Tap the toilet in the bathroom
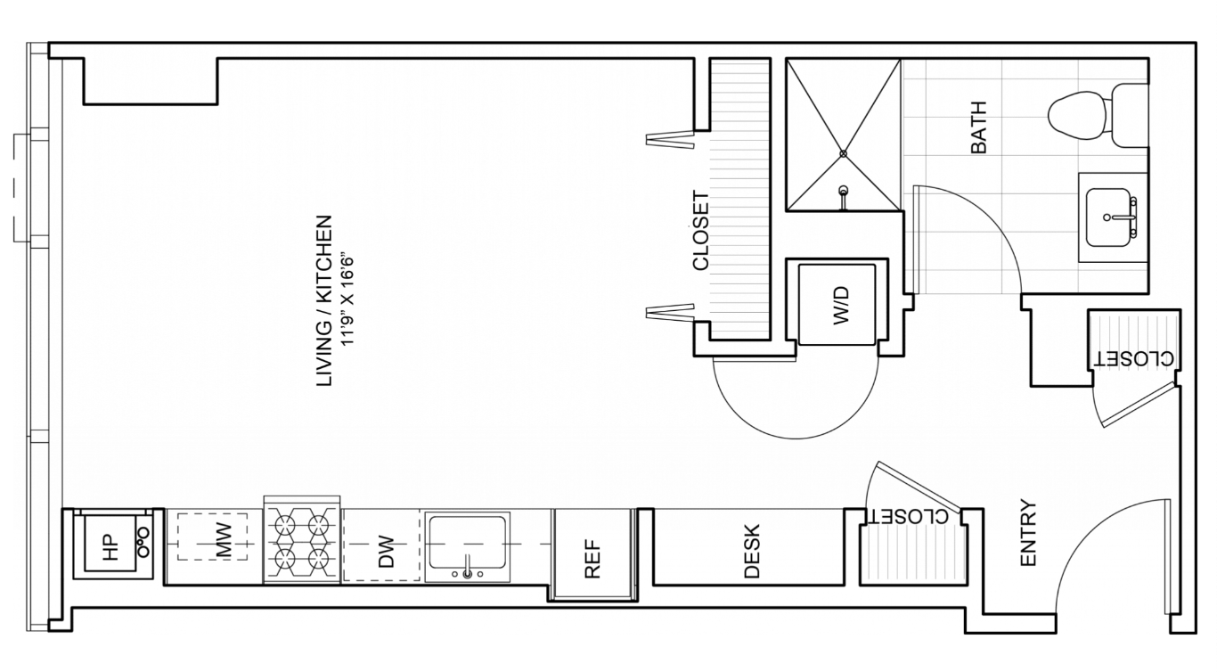click(1097, 116)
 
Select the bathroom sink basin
click(1108, 217)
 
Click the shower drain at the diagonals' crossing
click(843, 154)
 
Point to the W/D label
click(840, 306)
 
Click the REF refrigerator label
click(592, 559)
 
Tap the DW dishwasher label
click(385, 552)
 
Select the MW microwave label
click(224, 541)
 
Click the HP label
click(110, 547)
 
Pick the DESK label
click(751, 551)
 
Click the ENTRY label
click(1028, 533)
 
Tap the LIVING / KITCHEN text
click(323, 301)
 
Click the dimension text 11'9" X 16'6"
click(347, 299)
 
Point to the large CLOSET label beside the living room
click(701, 231)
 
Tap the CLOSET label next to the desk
click(908, 517)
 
